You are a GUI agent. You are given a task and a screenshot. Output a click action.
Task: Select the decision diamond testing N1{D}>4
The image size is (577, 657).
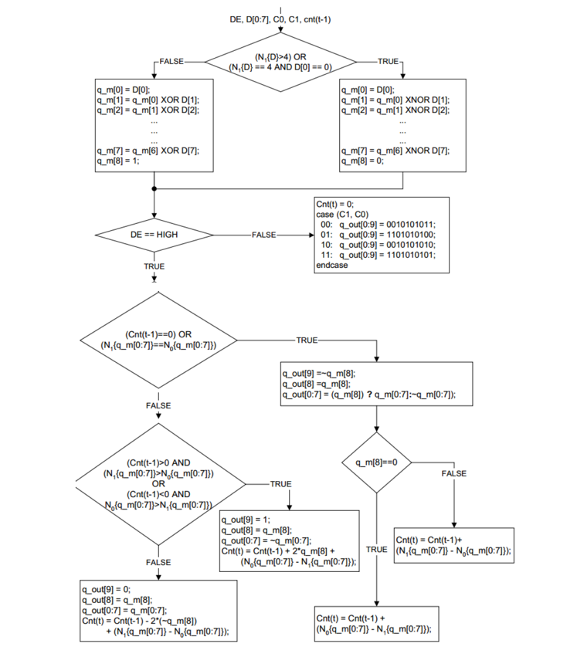(x=281, y=61)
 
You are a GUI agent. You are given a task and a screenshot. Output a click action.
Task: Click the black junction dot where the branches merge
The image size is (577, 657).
(x=154, y=188)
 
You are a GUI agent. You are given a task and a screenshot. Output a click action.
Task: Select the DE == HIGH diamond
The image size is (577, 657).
(x=154, y=234)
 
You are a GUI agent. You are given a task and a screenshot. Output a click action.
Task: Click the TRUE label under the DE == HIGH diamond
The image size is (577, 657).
(x=154, y=266)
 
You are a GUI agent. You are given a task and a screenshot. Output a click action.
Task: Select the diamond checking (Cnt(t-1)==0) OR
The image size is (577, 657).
(x=158, y=340)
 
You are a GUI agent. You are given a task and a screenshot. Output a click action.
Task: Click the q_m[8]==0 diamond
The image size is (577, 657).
(x=377, y=462)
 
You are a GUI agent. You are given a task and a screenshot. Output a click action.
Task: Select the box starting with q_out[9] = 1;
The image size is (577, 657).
(x=290, y=540)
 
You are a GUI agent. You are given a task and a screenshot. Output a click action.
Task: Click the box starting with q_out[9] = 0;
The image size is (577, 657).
(x=159, y=611)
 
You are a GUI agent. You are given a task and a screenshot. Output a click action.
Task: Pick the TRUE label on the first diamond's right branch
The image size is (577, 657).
(x=388, y=60)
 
